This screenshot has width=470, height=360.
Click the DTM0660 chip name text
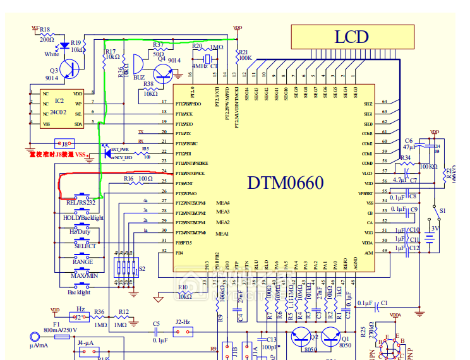pos(286,183)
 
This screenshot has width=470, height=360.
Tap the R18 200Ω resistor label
pos(46,34)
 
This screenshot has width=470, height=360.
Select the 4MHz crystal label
pos(200,66)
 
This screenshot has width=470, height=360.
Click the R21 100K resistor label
pos(244,55)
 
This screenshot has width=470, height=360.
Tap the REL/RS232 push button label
pos(81,202)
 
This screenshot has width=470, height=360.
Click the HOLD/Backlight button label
pos(83,217)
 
